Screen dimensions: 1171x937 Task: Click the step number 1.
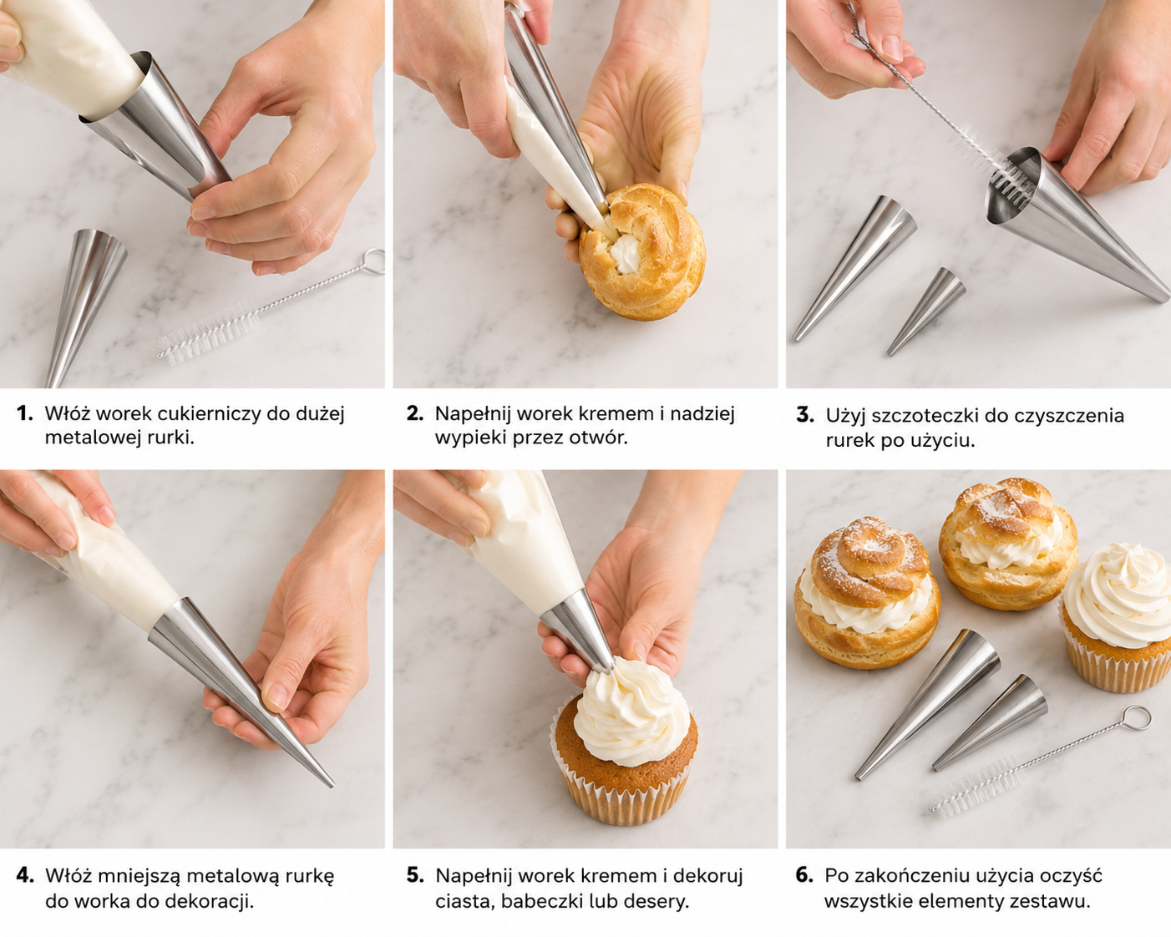[24, 413]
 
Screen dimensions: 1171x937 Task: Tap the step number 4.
[25, 875]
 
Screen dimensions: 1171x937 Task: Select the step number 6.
[804, 875]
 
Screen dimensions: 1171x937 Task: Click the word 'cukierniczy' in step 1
[209, 414]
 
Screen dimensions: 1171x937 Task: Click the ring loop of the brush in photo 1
[373, 261]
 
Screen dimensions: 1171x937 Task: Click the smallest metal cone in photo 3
[925, 311]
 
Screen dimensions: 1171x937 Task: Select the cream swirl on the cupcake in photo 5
[631, 710]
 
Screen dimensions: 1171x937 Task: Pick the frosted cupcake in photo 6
[1117, 618]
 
